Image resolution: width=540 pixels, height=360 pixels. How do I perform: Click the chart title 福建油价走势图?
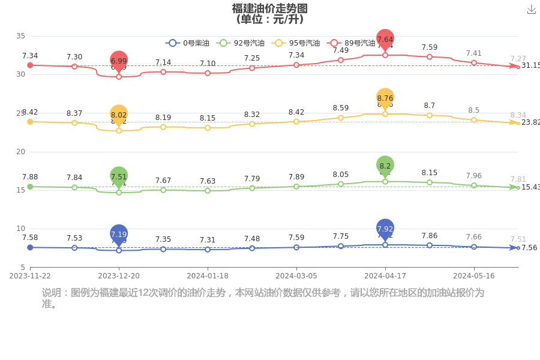[270, 8]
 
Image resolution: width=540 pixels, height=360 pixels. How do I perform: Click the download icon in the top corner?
[531, 9]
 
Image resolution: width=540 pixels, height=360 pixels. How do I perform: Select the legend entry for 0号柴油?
[188, 43]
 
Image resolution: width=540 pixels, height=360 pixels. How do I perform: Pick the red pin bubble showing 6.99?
[119, 61]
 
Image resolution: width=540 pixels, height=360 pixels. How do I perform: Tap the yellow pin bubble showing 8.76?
[385, 98]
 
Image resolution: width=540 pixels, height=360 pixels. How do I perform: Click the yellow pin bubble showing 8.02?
[119, 115]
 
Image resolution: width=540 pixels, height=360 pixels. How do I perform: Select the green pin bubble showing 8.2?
[385, 166]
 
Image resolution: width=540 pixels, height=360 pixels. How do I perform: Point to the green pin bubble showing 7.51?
[119, 176]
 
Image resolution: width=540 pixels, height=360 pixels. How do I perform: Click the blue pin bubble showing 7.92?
[385, 229]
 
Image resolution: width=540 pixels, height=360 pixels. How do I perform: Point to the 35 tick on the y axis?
[20, 36]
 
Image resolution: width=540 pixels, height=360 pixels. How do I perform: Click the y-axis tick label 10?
[20, 229]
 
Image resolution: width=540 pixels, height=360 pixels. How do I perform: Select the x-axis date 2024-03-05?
[296, 276]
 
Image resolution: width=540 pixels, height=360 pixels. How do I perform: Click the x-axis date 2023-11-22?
[30, 276]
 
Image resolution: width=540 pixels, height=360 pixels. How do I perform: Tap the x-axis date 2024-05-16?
[474, 276]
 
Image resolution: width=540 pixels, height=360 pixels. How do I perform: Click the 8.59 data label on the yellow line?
[341, 108]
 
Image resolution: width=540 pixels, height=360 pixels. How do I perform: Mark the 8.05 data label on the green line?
[341, 174]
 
